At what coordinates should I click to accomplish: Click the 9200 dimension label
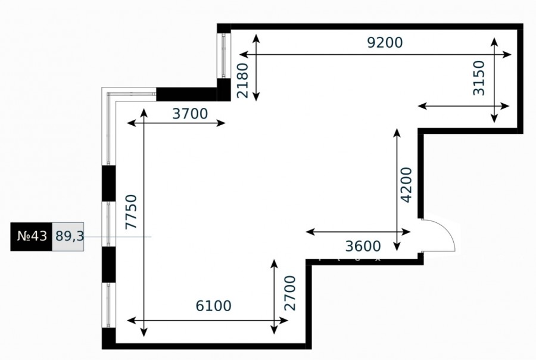pyautogui.click(x=385, y=42)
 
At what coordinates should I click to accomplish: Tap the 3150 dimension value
pyautogui.click(x=479, y=78)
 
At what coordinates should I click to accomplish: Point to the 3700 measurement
pyautogui.click(x=190, y=114)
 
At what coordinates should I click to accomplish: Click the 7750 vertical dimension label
pyautogui.click(x=131, y=212)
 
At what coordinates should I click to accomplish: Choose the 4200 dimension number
pyautogui.click(x=406, y=185)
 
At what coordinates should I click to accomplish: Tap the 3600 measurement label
pyautogui.click(x=363, y=246)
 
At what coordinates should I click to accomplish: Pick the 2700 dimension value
pyautogui.click(x=290, y=293)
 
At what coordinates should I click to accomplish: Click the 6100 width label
pyautogui.click(x=213, y=306)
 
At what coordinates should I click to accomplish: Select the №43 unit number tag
pyautogui.click(x=32, y=237)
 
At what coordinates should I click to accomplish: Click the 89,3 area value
pyautogui.click(x=70, y=236)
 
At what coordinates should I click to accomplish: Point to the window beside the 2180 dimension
pyautogui.click(x=224, y=56)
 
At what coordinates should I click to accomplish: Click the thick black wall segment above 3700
pyautogui.click(x=186, y=94)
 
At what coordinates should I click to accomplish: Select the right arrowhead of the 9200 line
pyautogui.click(x=507, y=54)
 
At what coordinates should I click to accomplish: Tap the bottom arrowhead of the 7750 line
pyautogui.click(x=144, y=332)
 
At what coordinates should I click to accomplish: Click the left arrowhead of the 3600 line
pyautogui.click(x=310, y=232)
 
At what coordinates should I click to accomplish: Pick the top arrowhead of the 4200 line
pyautogui.click(x=397, y=133)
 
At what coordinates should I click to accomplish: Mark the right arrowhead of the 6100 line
pyautogui.click(x=283, y=321)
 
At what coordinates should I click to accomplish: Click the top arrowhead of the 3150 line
pyautogui.click(x=494, y=42)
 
